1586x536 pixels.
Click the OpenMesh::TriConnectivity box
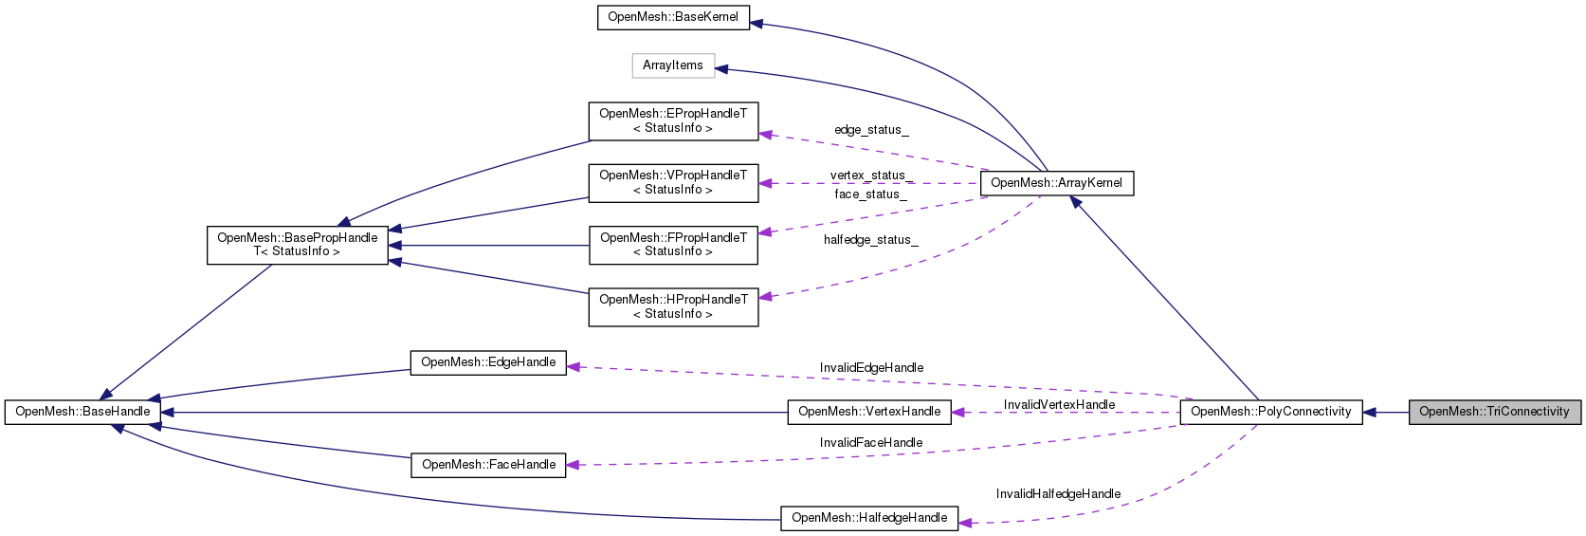coord(1494,412)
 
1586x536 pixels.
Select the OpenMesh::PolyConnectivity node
coord(1270,412)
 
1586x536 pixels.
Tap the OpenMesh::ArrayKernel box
coord(1056,183)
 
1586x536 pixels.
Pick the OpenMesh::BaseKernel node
coord(673,17)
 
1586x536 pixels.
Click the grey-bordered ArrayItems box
coord(673,65)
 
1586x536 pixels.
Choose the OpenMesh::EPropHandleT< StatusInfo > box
coord(673,120)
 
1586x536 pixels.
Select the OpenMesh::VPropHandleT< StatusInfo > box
coord(673,183)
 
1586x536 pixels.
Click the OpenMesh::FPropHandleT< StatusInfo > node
coord(673,245)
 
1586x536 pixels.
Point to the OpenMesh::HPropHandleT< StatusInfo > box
coord(673,307)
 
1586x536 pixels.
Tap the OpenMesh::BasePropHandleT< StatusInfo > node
coord(297,245)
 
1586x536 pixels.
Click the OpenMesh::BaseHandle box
coord(82,412)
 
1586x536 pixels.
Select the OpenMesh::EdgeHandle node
coord(487,362)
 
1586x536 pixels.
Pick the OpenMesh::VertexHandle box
coord(869,412)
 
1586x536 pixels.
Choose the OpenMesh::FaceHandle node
coord(487,465)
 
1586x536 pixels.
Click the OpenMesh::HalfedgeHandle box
coord(869,518)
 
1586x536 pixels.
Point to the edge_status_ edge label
coord(871,130)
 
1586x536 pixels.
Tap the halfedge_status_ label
coord(870,240)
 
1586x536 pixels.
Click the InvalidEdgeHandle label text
coord(871,368)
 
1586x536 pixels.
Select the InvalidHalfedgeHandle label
coord(1058,494)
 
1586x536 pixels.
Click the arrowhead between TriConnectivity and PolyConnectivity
coord(1371,412)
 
